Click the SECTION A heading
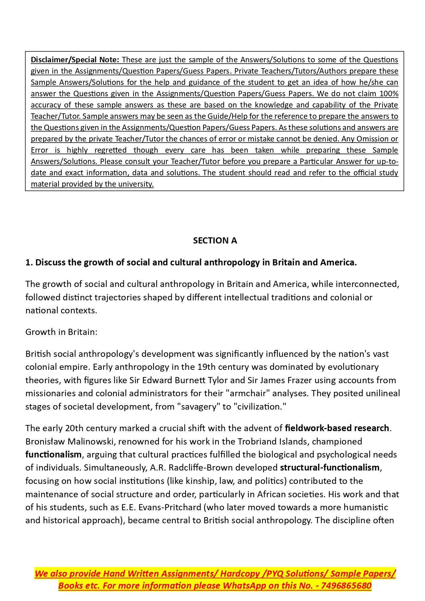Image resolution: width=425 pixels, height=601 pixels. tap(215, 241)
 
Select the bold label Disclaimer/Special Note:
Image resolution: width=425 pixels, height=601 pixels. tap(75, 60)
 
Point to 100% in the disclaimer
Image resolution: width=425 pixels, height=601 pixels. tap(389, 93)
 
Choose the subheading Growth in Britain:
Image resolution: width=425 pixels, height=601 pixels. tap(61, 332)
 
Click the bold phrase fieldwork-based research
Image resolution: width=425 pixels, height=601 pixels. tap(337, 428)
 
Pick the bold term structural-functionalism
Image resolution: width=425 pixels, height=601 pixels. tap(329, 467)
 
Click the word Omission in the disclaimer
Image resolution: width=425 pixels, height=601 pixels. tap(371, 139)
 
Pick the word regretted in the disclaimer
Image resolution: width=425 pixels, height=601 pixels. tap(110, 150)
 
